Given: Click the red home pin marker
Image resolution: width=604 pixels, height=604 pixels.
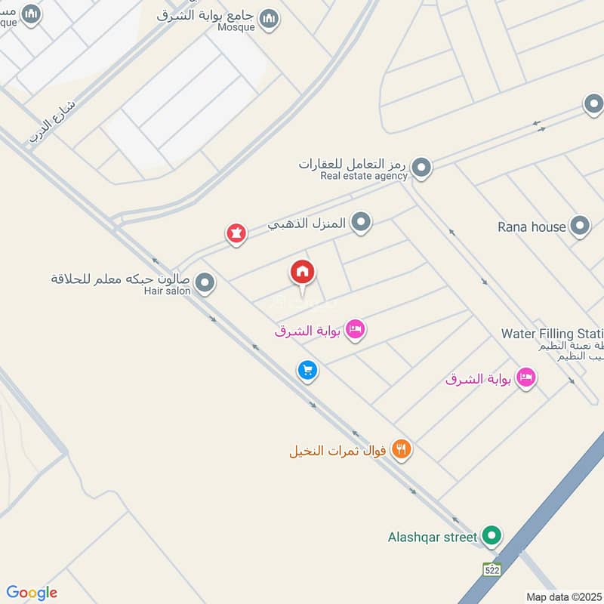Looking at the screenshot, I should [x=303, y=273].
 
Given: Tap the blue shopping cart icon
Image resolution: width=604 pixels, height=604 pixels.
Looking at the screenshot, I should [x=307, y=370].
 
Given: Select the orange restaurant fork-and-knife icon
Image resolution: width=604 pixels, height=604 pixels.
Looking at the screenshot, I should [x=402, y=451].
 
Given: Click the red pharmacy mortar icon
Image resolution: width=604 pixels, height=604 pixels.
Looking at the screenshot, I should [x=236, y=234].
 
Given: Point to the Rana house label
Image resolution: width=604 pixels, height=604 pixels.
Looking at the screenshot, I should [x=532, y=226].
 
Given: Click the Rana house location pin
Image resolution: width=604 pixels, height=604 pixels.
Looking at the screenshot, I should [x=580, y=226].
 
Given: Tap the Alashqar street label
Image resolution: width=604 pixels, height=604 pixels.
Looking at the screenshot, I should [x=432, y=538].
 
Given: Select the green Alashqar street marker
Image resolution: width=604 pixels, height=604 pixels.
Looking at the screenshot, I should [x=492, y=537].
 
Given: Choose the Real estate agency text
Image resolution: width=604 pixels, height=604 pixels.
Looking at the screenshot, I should [x=364, y=176].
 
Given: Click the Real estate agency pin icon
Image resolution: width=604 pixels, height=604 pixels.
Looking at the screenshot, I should [x=421, y=168].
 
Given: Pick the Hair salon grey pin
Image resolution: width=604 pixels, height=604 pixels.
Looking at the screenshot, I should [x=205, y=284].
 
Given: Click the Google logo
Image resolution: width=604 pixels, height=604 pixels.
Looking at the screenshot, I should [x=32, y=593].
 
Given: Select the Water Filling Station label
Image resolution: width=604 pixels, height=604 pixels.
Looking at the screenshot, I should [x=552, y=334].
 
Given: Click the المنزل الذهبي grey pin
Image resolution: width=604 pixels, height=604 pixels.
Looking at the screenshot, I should [x=362, y=223].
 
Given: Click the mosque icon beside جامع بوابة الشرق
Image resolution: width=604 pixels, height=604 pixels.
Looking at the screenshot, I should [x=268, y=19].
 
